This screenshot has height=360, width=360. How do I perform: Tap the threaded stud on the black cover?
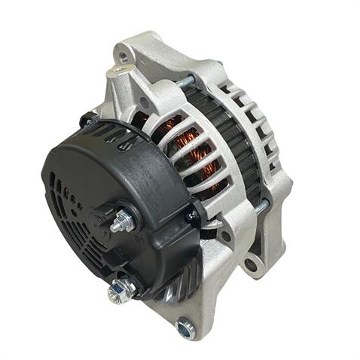point(123,223)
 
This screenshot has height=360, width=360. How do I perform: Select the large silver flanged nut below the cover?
point(118,289)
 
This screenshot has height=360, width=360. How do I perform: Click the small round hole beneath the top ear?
point(144,102)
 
